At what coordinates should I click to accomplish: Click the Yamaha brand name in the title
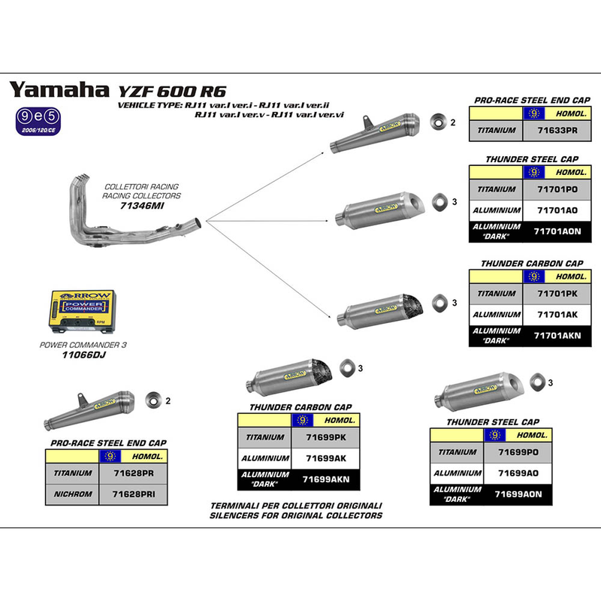pyautogui.click(x=59, y=90)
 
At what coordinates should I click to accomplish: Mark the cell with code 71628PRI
pyautogui.click(x=142, y=494)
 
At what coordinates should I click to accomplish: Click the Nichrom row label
pyautogui.click(x=73, y=494)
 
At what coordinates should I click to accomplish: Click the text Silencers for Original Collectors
pyautogui.click(x=297, y=515)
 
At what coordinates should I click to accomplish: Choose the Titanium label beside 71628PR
pyautogui.click(x=73, y=473)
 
